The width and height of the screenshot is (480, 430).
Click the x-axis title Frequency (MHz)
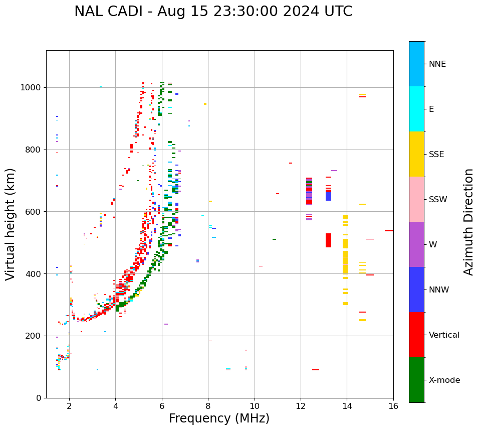point(219,418)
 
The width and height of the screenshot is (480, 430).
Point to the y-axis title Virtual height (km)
point(11,224)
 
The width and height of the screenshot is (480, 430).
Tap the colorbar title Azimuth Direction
point(468,222)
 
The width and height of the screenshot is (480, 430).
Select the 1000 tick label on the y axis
point(31,88)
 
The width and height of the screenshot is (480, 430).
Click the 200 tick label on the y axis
point(33,336)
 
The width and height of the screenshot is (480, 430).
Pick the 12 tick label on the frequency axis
point(301,406)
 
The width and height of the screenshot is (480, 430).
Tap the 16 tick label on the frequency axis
point(393,406)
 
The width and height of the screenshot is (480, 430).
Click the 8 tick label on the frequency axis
point(208,406)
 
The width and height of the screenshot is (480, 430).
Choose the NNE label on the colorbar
point(437,64)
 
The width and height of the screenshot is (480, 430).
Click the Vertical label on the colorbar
point(444,335)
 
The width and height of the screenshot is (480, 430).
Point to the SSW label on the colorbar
point(438,200)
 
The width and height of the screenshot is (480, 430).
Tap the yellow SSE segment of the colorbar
point(416,154)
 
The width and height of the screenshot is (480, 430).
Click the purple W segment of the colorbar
point(416,244)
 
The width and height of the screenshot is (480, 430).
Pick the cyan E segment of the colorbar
point(416,109)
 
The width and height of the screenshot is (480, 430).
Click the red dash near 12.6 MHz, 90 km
point(316,370)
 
